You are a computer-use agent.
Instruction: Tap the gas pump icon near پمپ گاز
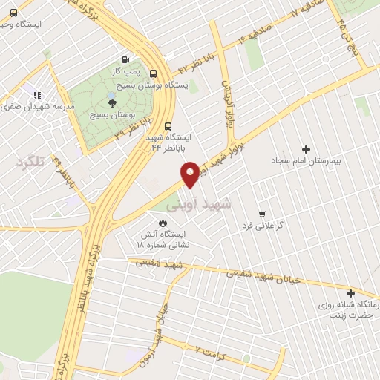(125, 61)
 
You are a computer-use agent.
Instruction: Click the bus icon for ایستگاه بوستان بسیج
(153, 73)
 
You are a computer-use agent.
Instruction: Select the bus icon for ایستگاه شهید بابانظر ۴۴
(168, 125)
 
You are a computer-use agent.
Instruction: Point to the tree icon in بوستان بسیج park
(111, 102)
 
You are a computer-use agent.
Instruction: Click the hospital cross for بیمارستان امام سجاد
(306, 149)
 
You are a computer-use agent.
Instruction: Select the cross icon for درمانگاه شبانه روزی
(350, 293)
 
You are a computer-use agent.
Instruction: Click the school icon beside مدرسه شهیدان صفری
(35, 95)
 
